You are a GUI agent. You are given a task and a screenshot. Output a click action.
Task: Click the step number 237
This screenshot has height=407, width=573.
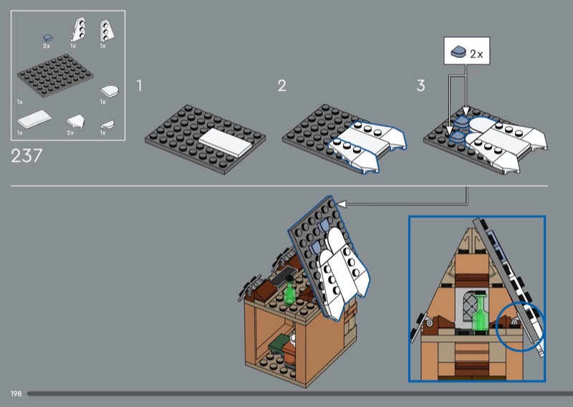tap(27, 155)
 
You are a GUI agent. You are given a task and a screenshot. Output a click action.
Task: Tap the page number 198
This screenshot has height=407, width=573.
tap(16, 394)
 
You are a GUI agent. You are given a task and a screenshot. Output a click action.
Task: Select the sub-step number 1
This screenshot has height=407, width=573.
tap(139, 85)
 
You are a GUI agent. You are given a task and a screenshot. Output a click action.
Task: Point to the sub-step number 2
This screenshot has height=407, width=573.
tap(281, 85)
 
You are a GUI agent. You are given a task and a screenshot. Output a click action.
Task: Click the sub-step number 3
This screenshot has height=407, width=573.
tap(420, 85)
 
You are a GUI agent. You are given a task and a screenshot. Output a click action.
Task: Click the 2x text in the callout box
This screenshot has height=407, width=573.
tap(476, 54)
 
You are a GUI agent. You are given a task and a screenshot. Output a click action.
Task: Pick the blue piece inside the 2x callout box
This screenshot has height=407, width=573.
tap(458, 52)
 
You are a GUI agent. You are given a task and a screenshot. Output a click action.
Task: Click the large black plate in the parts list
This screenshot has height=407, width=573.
tap(55, 75)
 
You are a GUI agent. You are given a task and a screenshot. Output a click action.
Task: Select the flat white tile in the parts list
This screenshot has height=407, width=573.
tap(34, 119)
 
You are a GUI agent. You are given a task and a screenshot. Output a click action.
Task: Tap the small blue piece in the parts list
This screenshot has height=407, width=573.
tap(48, 38)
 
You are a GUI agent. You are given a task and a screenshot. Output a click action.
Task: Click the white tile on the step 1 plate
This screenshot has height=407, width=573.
tap(226, 143)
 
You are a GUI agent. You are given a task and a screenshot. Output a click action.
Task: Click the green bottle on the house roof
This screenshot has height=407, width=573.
tap(289, 291)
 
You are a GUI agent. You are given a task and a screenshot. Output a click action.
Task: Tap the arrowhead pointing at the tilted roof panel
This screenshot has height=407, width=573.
tap(342, 203)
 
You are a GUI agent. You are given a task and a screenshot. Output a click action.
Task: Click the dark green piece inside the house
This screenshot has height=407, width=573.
tap(278, 343)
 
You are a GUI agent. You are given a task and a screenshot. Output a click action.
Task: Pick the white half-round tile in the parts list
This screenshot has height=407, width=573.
tap(110, 90)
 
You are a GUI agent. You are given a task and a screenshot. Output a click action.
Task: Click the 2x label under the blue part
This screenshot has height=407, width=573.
tap(47, 46)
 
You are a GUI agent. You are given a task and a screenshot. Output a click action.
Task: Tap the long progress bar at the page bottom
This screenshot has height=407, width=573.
tap(300, 394)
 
